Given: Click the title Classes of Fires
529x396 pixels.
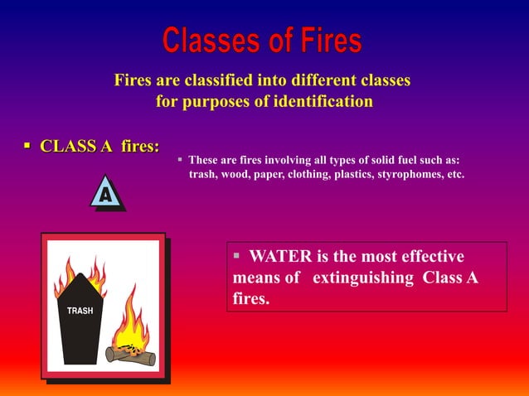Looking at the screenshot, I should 262,41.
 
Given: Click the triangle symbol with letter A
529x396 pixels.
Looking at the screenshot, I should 106,194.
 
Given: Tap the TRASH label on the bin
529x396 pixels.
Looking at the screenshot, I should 80,311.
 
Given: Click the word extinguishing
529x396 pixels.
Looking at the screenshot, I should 362,278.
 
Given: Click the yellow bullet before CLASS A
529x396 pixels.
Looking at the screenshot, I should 27,147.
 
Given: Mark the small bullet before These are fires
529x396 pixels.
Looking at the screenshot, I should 180,158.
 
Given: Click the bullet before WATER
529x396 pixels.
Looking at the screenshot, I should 237,255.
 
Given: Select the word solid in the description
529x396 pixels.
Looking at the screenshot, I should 375,160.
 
